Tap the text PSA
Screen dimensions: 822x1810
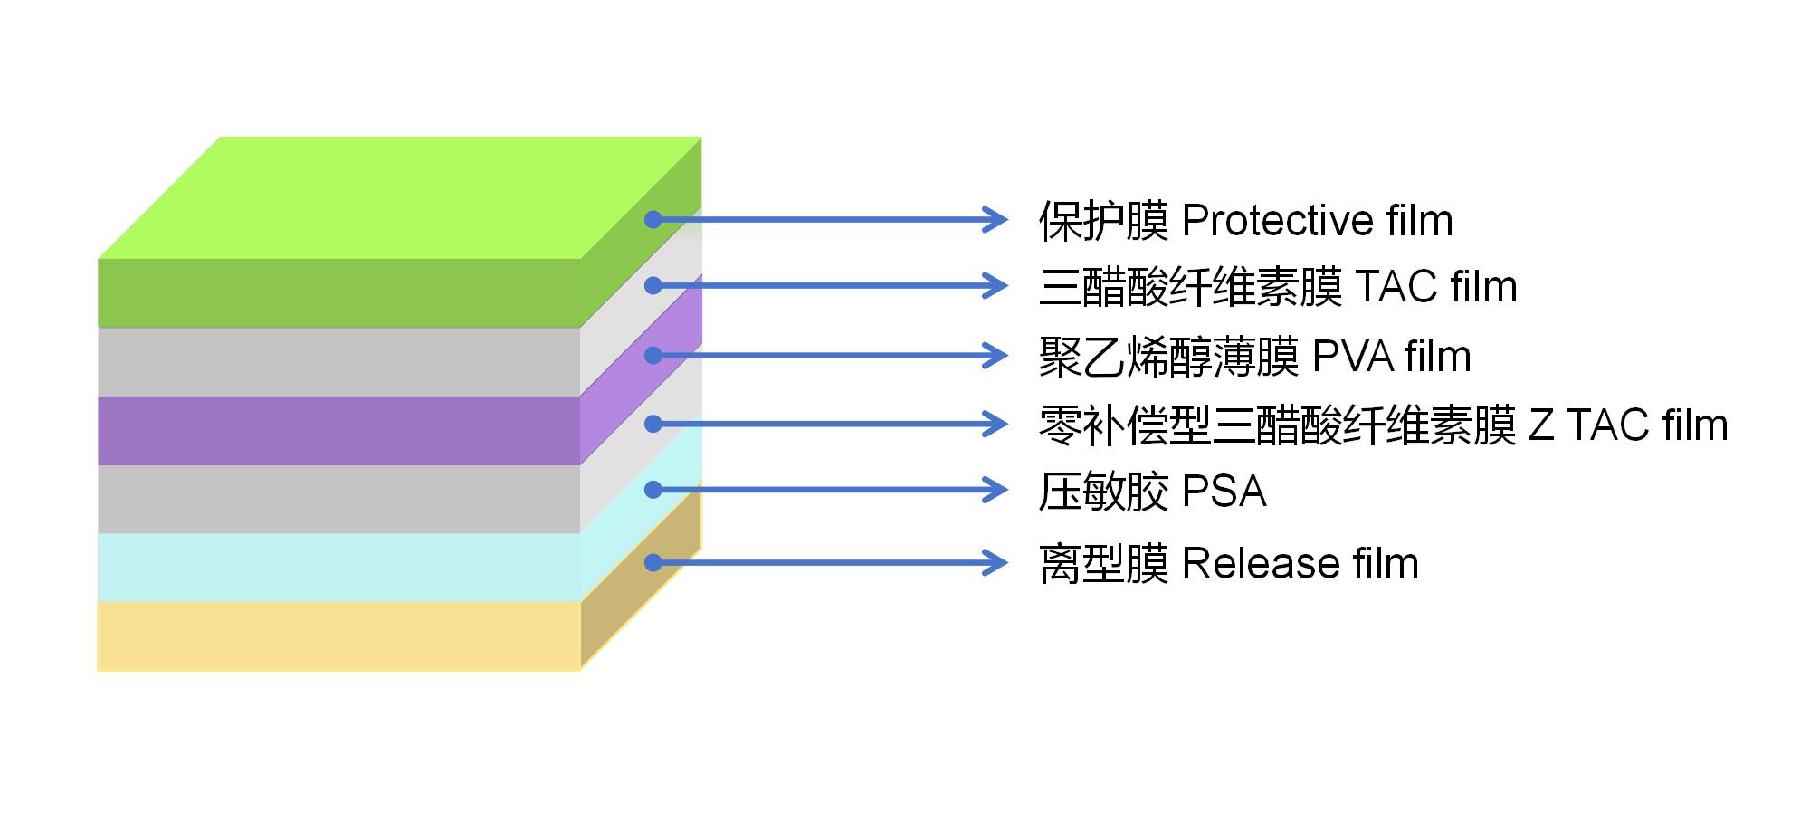1224,492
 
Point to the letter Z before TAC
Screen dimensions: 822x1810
1541,425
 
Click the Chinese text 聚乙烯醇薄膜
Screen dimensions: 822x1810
1168,356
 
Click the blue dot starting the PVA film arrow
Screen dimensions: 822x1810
653,355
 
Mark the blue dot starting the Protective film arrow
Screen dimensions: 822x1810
653,219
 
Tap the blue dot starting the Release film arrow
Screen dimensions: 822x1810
653,562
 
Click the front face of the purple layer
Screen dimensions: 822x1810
338,430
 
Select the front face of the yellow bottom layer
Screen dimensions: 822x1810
338,636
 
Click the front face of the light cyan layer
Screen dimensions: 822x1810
338,567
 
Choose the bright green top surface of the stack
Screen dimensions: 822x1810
398,197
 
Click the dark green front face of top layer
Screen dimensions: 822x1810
338,292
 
